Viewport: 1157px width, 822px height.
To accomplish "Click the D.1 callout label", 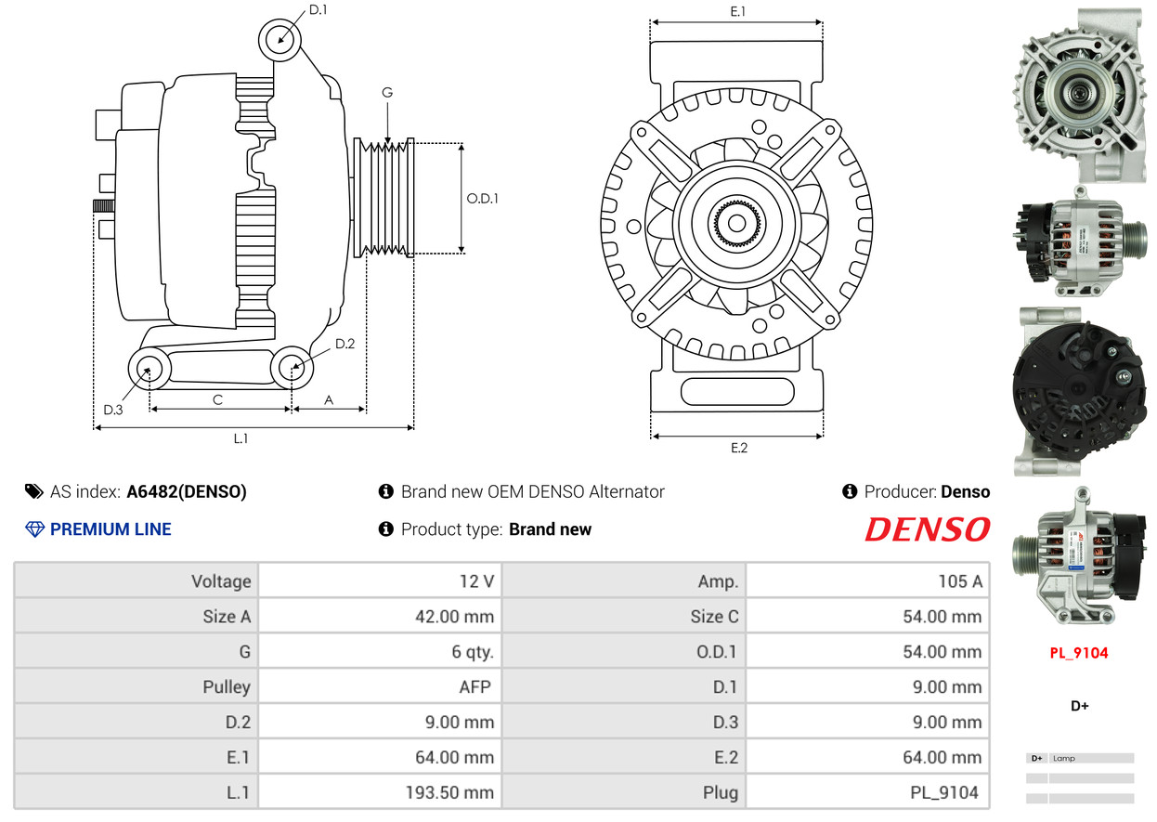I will click(x=318, y=10).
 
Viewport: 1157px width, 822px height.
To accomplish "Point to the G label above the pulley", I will click(x=387, y=92).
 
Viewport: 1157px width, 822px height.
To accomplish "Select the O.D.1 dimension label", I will click(x=482, y=198).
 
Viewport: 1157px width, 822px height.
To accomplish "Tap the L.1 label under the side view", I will click(x=240, y=438).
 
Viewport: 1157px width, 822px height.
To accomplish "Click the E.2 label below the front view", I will click(x=738, y=448).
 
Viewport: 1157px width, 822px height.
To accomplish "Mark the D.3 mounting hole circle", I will click(x=148, y=370).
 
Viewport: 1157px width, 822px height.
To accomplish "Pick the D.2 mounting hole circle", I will click(x=292, y=368).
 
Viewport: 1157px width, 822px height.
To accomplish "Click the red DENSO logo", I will click(x=927, y=529).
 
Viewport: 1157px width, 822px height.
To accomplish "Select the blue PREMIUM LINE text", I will click(x=110, y=529).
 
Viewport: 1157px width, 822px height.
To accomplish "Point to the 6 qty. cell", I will click(x=473, y=652).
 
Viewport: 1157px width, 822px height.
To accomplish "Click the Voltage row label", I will click(x=221, y=581).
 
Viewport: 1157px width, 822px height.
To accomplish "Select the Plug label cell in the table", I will click(x=721, y=793).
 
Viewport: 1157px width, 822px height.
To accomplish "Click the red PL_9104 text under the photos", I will click(x=1079, y=653).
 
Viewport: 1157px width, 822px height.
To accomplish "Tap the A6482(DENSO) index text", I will click(x=187, y=492).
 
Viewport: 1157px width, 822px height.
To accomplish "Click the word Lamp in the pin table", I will click(x=1064, y=759).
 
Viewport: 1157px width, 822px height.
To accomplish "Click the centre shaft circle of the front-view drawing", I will click(x=737, y=223).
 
